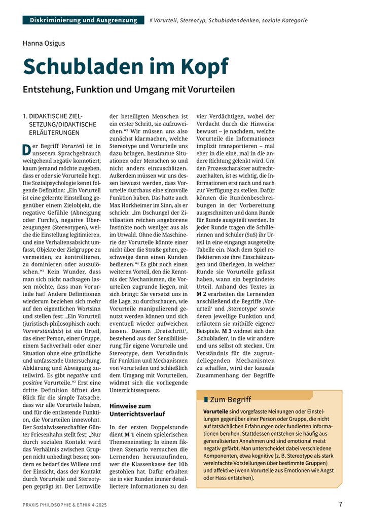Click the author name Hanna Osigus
44,43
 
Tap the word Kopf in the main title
201,66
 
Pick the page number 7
341,504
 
